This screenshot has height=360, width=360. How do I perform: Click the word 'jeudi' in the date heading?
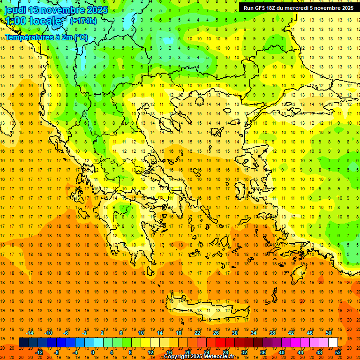[x=15, y=10]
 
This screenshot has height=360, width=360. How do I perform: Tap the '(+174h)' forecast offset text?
[x=83, y=21]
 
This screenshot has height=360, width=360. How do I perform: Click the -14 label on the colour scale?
[x=30, y=333]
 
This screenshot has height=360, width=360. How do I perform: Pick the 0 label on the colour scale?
[x=92, y=352]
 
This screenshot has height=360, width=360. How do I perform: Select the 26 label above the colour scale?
[x=216, y=333]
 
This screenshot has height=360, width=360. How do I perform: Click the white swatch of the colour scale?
[x=333, y=343]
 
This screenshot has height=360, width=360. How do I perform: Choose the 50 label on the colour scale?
[x=329, y=333]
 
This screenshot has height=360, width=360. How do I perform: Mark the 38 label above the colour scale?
[x=272, y=333]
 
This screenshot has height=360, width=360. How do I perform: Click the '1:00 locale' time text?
[x=33, y=22]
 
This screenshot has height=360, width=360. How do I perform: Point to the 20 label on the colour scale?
[x=187, y=352]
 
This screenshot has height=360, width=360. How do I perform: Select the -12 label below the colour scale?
[x=39, y=352]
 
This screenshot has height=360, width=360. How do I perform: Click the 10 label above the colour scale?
[x=141, y=333]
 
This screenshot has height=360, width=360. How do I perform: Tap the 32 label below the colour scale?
[x=245, y=352]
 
